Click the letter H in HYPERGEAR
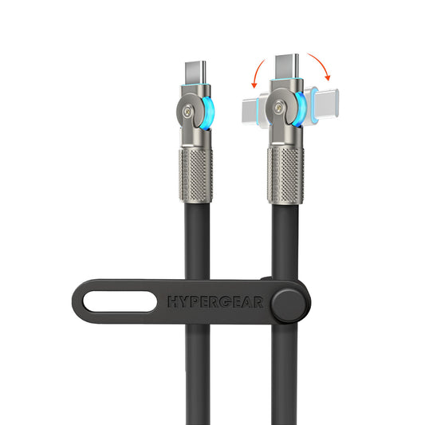tap(173, 301)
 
